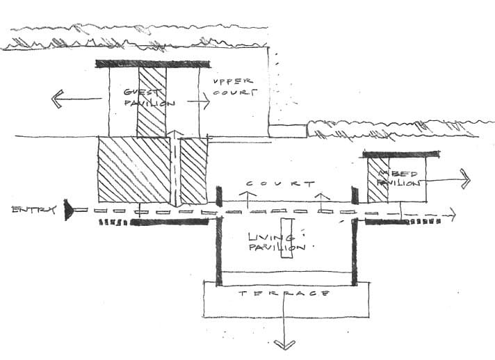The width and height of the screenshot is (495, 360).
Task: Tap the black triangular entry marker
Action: pos(68,210)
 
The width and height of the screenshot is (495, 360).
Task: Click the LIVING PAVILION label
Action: pos(277,242)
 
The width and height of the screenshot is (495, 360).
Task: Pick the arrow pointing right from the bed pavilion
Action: pos(464,179)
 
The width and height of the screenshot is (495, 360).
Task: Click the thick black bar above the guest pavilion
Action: pos(149,64)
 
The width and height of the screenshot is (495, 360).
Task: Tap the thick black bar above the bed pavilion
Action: pos(402,154)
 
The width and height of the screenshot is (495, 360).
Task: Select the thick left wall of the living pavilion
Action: pos(219,250)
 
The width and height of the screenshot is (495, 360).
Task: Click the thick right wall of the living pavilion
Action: pos(355,250)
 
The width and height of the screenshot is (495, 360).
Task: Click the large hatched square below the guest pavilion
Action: pos(133,170)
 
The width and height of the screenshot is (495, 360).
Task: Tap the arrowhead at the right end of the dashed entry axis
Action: pos(453,215)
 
